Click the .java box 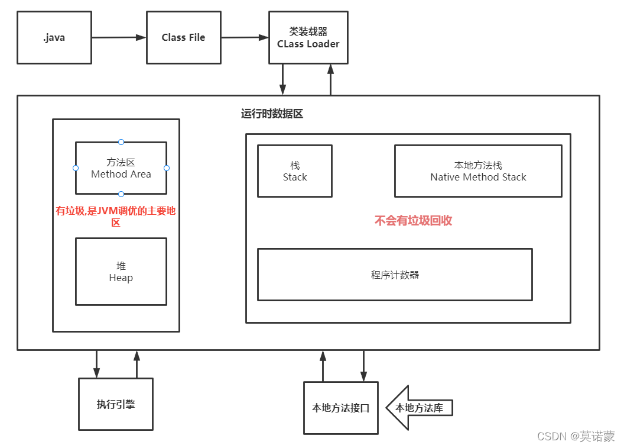pyautogui.click(x=54, y=38)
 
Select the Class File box pyautogui.click(x=183, y=38)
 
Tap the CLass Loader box pyautogui.click(x=308, y=38)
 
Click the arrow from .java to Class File pyautogui.click(x=119, y=38)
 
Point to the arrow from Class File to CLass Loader pyautogui.click(x=245, y=38)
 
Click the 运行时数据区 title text pyautogui.click(x=272, y=114)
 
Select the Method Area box pyautogui.click(x=121, y=168)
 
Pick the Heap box pyautogui.click(x=121, y=272)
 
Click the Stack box pyautogui.click(x=295, y=171)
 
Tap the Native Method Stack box pyautogui.click(x=478, y=171)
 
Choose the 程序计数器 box pyautogui.click(x=395, y=275)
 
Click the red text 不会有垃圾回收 pyautogui.click(x=414, y=221)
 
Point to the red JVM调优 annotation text pyautogui.click(x=116, y=217)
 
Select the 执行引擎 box pyautogui.click(x=116, y=405)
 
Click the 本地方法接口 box pyautogui.click(x=340, y=408)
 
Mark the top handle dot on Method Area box pyautogui.click(x=121, y=142)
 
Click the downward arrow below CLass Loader pyautogui.click(x=283, y=79)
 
